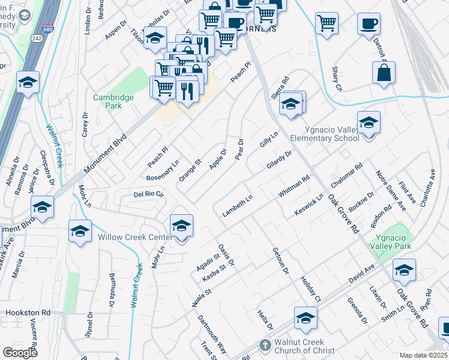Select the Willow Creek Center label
[x=131, y=237]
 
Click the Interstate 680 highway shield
[x=47, y=28]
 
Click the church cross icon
[x=265, y=346]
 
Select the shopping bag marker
[x=384, y=73]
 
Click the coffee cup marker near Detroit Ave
[x=369, y=24]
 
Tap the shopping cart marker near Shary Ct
[x=327, y=23]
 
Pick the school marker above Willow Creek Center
[x=181, y=226]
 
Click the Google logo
[x=20, y=352]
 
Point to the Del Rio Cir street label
[x=148, y=194]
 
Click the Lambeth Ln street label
[x=237, y=206]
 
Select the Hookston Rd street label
[x=28, y=313]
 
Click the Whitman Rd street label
[x=293, y=186]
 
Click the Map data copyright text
[x=424, y=355]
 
